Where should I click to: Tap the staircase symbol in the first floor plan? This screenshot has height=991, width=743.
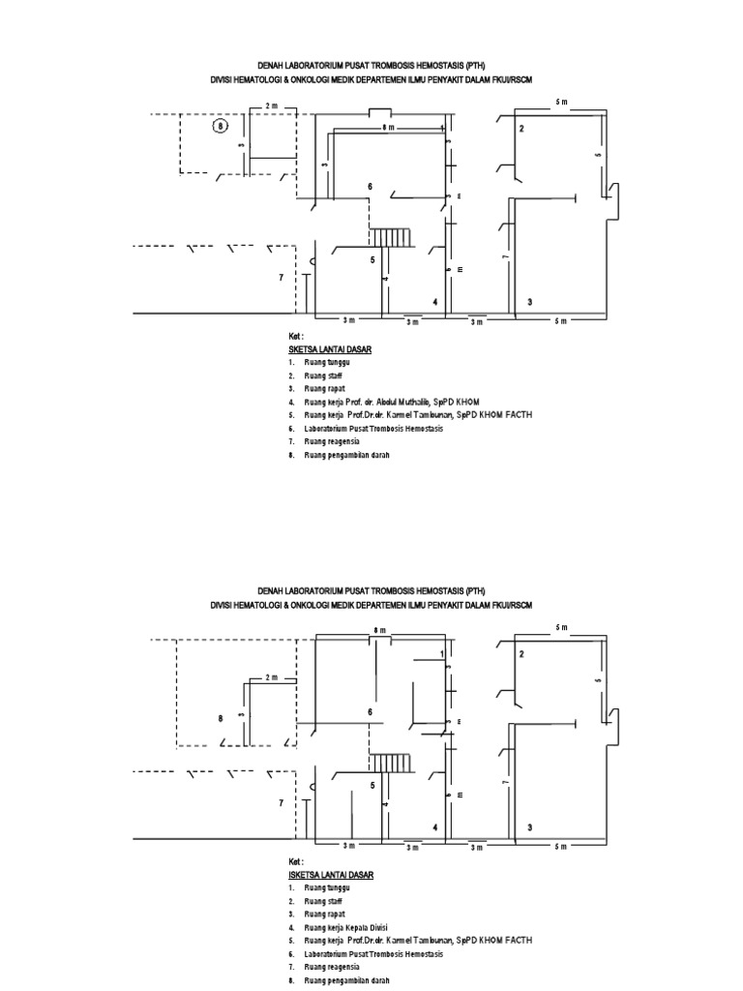point(392,237)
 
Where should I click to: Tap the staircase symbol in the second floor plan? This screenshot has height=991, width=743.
point(392,763)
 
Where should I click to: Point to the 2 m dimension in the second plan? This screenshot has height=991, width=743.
point(270,677)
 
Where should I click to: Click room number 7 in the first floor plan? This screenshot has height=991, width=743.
point(282,278)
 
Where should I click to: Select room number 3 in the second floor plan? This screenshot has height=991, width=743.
point(529,828)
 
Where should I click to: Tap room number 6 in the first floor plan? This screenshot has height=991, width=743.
point(370,186)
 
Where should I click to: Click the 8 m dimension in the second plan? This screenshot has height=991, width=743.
point(379,630)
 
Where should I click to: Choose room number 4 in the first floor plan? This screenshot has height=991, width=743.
point(435,303)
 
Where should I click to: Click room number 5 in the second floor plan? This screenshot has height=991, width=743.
point(371,785)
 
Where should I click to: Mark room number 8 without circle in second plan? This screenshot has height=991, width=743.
point(221,718)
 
